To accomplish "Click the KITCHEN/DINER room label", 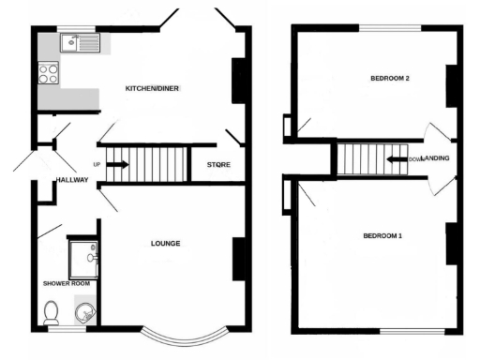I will [x=152, y=89].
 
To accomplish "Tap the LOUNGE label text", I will [x=165, y=244].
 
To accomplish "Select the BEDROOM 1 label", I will [x=382, y=235].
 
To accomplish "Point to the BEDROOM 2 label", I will [x=387, y=79].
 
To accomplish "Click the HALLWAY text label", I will [x=71, y=180].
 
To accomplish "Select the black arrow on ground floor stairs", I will [x=118, y=165].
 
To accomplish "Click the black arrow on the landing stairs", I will [x=394, y=159].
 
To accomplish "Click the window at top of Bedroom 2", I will [x=387, y=27].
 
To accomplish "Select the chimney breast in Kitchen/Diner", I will [x=240, y=80].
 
